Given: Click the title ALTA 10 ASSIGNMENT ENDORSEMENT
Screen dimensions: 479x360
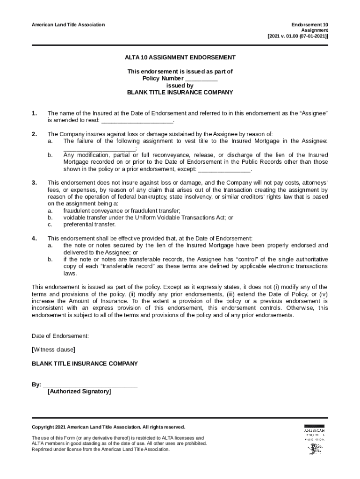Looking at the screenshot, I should coord(180,58).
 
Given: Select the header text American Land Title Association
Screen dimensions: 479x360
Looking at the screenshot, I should coord(68,24).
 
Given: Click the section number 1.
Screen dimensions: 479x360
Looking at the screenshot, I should coord(34,114).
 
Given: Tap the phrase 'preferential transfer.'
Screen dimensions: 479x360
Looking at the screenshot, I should coord(89,225).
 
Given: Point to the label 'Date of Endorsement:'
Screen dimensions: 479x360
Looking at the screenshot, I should coord(60,336).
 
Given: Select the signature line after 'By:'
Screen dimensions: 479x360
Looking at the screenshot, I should coord(90,385).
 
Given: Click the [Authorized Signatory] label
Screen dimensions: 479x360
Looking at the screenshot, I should coord(79,392).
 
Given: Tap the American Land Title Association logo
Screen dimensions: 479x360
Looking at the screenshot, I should coord(314,439).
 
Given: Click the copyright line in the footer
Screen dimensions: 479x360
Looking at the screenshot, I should coord(108,427).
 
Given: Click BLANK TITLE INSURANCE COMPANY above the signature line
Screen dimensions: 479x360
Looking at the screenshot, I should coord(85,363).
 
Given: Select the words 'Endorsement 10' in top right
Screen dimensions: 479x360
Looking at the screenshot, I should coord(310,24).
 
